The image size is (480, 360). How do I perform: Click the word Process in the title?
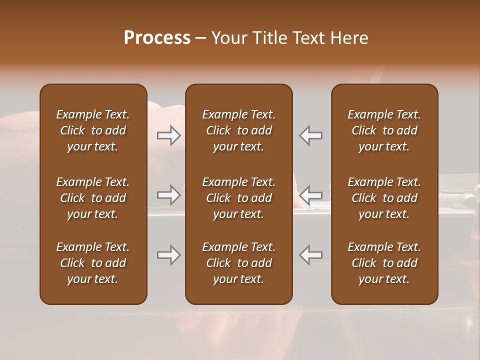(x=157, y=38)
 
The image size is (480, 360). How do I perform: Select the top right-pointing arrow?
(x=169, y=135)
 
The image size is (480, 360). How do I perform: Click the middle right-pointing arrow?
(x=169, y=194)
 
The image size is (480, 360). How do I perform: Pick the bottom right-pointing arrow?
(x=169, y=255)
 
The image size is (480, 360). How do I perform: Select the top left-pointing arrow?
(x=310, y=135)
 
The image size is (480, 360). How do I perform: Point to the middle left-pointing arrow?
(x=310, y=194)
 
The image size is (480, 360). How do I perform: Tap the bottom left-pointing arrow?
(x=310, y=255)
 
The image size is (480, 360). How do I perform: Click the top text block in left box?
(x=93, y=130)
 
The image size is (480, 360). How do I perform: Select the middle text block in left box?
(x=93, y=198)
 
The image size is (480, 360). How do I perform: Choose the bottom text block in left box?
(x=93, y=263)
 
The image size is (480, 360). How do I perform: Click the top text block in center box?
(x=239, y=130)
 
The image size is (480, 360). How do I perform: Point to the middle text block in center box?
(x=239, y=198)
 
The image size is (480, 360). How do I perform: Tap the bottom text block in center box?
(x=239, y=263)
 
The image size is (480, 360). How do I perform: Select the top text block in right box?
(x=384, y=130)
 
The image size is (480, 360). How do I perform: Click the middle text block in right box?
(x=384, y=198)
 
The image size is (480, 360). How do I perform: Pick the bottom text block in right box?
(x=384, y=263)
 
